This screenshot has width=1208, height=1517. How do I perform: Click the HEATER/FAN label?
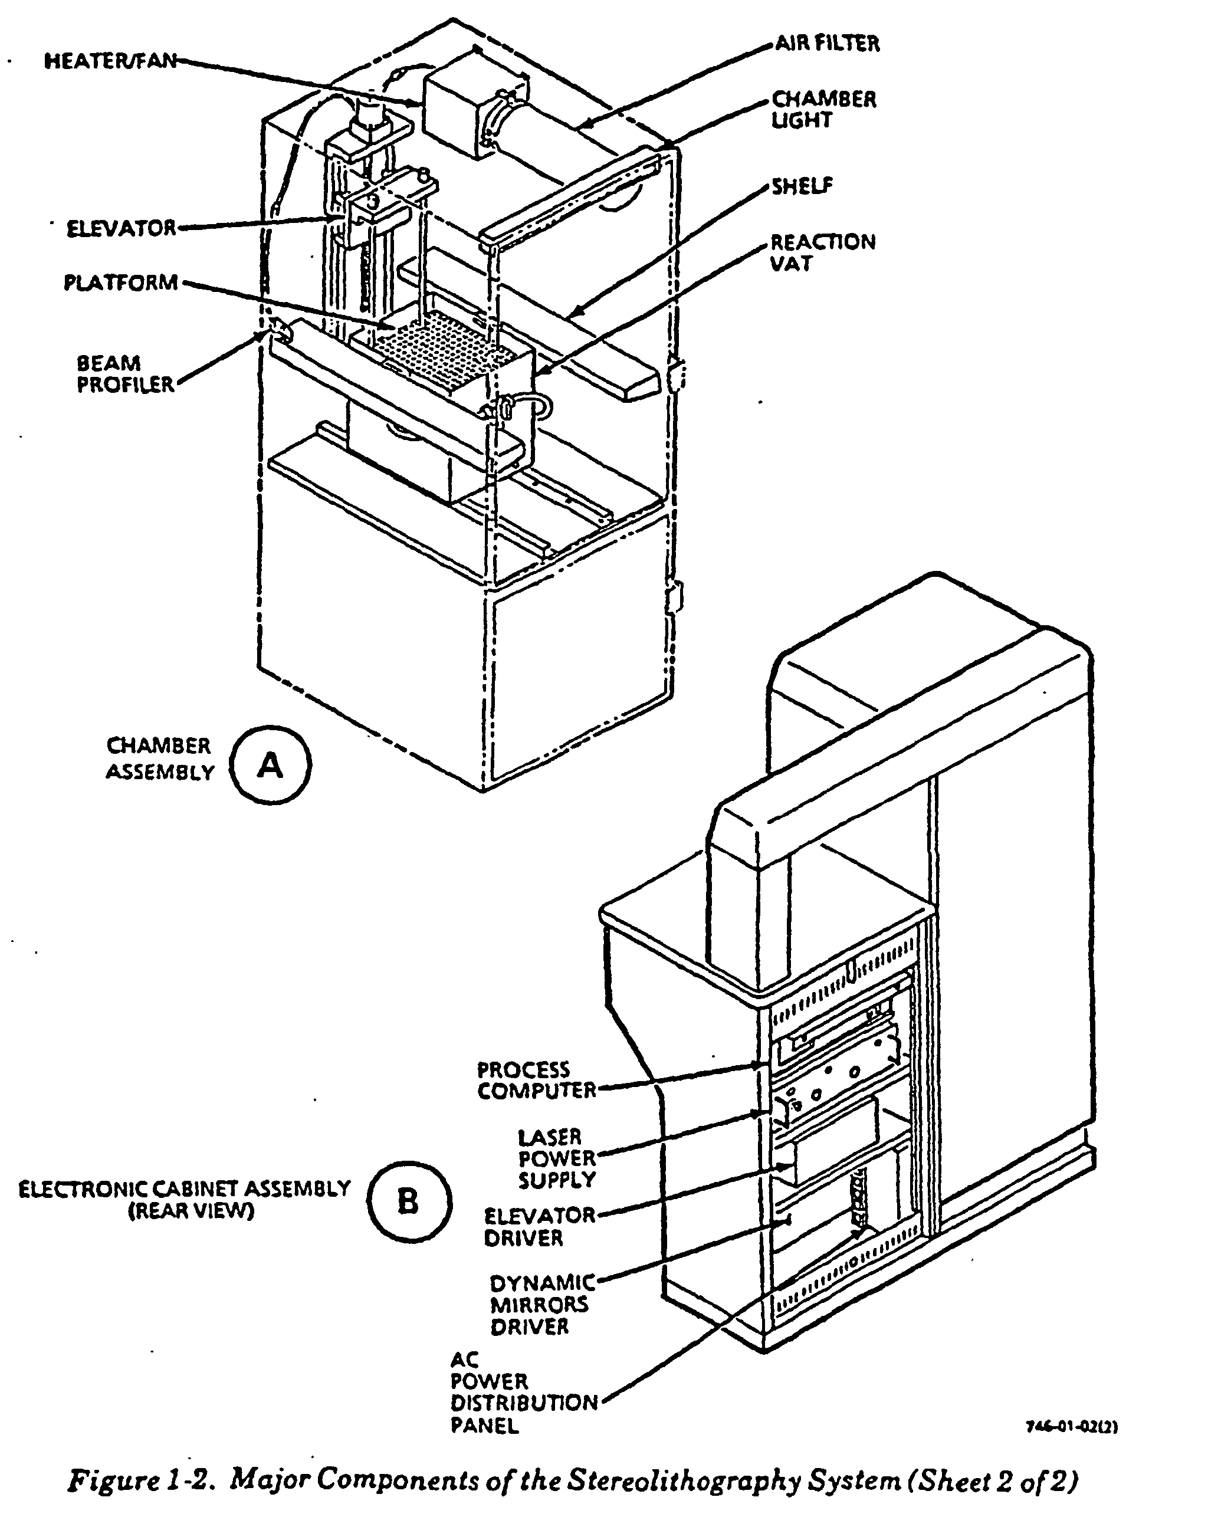pos(111,61)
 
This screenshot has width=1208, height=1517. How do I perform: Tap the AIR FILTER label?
pos(828,44)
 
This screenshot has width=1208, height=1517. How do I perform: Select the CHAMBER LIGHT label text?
pos(824,110)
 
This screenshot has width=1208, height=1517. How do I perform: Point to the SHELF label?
pos(802,186)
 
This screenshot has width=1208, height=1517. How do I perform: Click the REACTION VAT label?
pos(823,252)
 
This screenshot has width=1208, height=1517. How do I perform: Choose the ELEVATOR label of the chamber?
pos(121,228)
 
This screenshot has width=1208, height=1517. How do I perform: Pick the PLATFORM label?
pos(121,283)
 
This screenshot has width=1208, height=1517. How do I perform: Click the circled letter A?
pos(271,765)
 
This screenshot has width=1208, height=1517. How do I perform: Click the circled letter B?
pos(409,1202)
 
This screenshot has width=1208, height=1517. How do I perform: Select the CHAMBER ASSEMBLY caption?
pos(160,759)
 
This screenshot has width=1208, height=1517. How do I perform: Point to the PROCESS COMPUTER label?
pos(537,1080)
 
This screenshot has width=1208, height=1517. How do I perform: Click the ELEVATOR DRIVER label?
pos(540,1226)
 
